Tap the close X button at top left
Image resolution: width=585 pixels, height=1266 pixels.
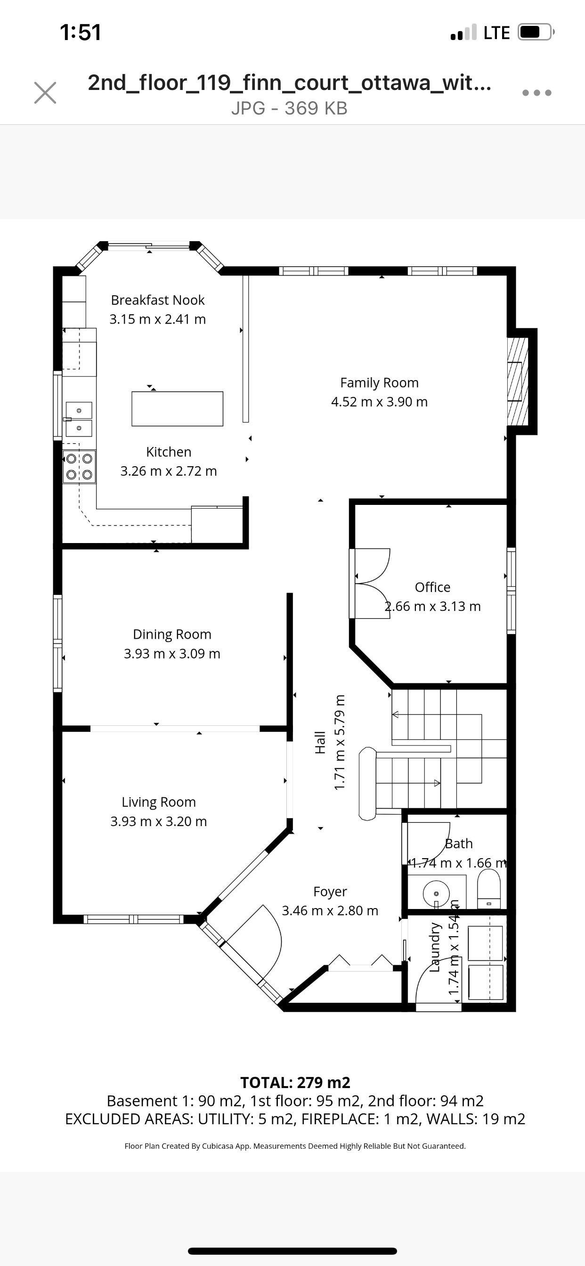click(45, 92)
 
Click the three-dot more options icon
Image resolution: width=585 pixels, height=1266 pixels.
click(537, 92)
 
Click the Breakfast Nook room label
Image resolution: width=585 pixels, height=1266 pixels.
click(158, 300)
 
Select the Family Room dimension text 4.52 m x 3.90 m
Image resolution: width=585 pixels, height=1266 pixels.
click(380, 402)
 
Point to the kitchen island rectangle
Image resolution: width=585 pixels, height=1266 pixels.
click(178, 408)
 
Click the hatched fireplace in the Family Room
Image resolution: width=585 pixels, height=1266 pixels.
click(518, 381)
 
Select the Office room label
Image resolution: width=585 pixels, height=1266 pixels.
click(432, 587)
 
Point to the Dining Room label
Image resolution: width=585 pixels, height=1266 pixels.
click(172, 634)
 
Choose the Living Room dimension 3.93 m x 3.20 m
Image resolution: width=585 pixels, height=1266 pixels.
click(158, 821)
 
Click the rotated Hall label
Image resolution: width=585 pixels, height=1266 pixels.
click(320, 742)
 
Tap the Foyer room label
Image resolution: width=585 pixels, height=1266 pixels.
click(330, 892)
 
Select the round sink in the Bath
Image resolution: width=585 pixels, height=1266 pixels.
click(436, 894)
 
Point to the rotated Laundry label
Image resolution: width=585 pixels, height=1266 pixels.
click(435, 947)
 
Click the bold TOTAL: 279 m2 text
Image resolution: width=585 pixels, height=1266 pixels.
click(295, 1083)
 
